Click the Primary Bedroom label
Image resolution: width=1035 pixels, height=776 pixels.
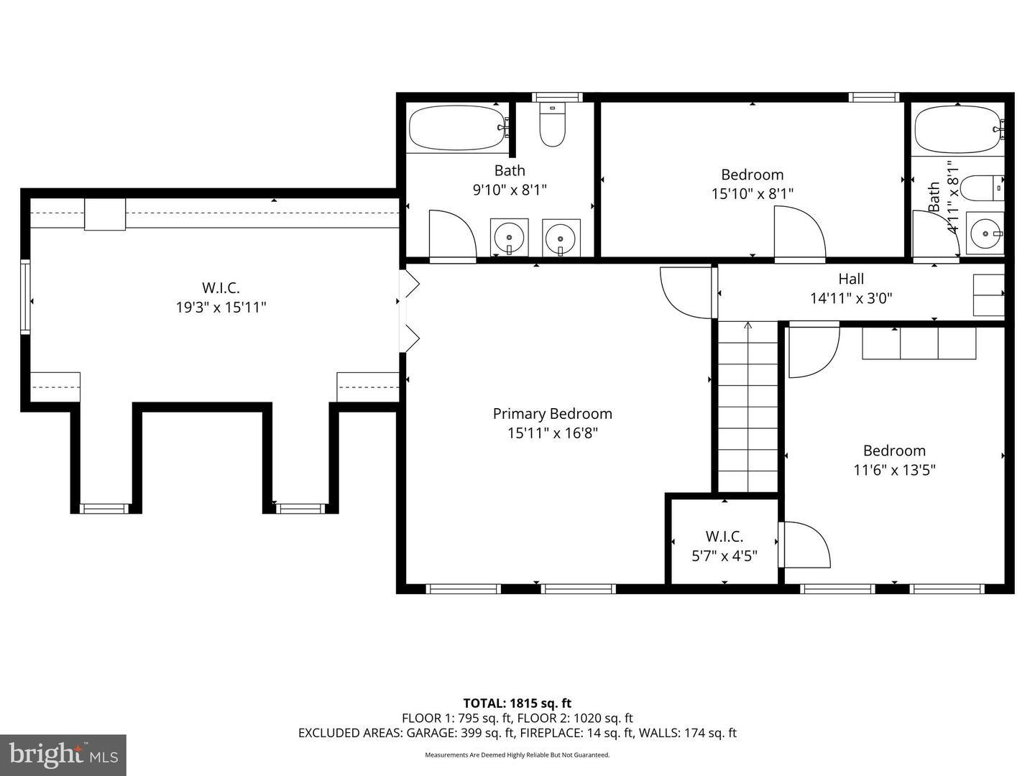tap(552, 414)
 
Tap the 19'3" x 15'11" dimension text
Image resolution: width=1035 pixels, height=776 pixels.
tap(221, 308)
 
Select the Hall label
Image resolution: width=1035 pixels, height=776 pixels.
tap(851, 279)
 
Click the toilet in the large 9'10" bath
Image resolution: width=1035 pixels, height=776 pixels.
tap(552, 126)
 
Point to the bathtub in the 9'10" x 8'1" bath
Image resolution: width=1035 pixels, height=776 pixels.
tap(457, 128)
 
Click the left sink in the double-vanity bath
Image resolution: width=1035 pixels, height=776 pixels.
tap(510, 236)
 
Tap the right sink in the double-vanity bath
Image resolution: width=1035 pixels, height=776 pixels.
tap(561, 236)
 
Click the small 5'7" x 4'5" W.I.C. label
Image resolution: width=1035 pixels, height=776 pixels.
tap(724, 537)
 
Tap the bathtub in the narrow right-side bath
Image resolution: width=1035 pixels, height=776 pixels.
tap(957, 129)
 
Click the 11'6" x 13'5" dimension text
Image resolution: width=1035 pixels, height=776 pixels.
tap(894, 470)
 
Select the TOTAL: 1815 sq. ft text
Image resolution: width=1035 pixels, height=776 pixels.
tap(517, 703)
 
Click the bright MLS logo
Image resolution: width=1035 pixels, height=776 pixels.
tap(63, 754)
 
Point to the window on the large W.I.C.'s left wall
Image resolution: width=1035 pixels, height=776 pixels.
tap(26, 297)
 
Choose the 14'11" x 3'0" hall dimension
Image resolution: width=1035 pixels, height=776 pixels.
tap(851, 298)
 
